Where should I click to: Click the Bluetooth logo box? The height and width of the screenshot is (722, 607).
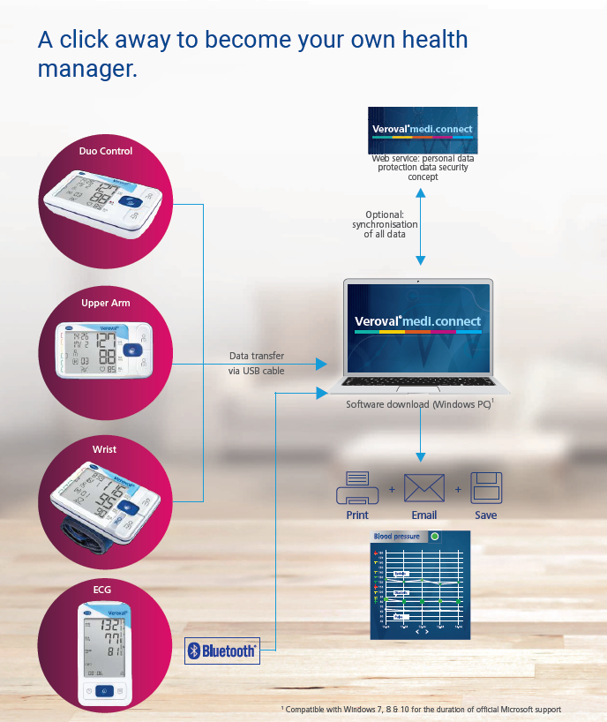tap(222, 651)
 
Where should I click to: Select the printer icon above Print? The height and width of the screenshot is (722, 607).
tap(357, 488)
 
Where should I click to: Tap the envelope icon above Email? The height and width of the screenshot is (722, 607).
tap(424, 488)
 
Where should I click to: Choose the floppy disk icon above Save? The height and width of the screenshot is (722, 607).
tap(486, 488)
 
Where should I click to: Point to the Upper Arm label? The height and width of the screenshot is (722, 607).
tap(106, 304)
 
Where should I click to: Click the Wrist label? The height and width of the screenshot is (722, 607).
tap(104, 449)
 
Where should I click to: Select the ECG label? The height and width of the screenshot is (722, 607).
tap(102, 590)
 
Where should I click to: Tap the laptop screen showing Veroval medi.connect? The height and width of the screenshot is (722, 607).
tap(418, 327)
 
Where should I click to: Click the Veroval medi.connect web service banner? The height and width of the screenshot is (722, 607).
tap(422, 130)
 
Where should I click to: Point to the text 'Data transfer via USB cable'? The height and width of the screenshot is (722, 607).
tap(257, 364)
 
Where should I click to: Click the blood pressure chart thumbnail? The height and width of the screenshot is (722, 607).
tap(421, 584)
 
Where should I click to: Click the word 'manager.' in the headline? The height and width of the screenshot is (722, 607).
tap(86, 69)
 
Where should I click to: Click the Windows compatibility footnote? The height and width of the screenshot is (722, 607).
tap(421, 710)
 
